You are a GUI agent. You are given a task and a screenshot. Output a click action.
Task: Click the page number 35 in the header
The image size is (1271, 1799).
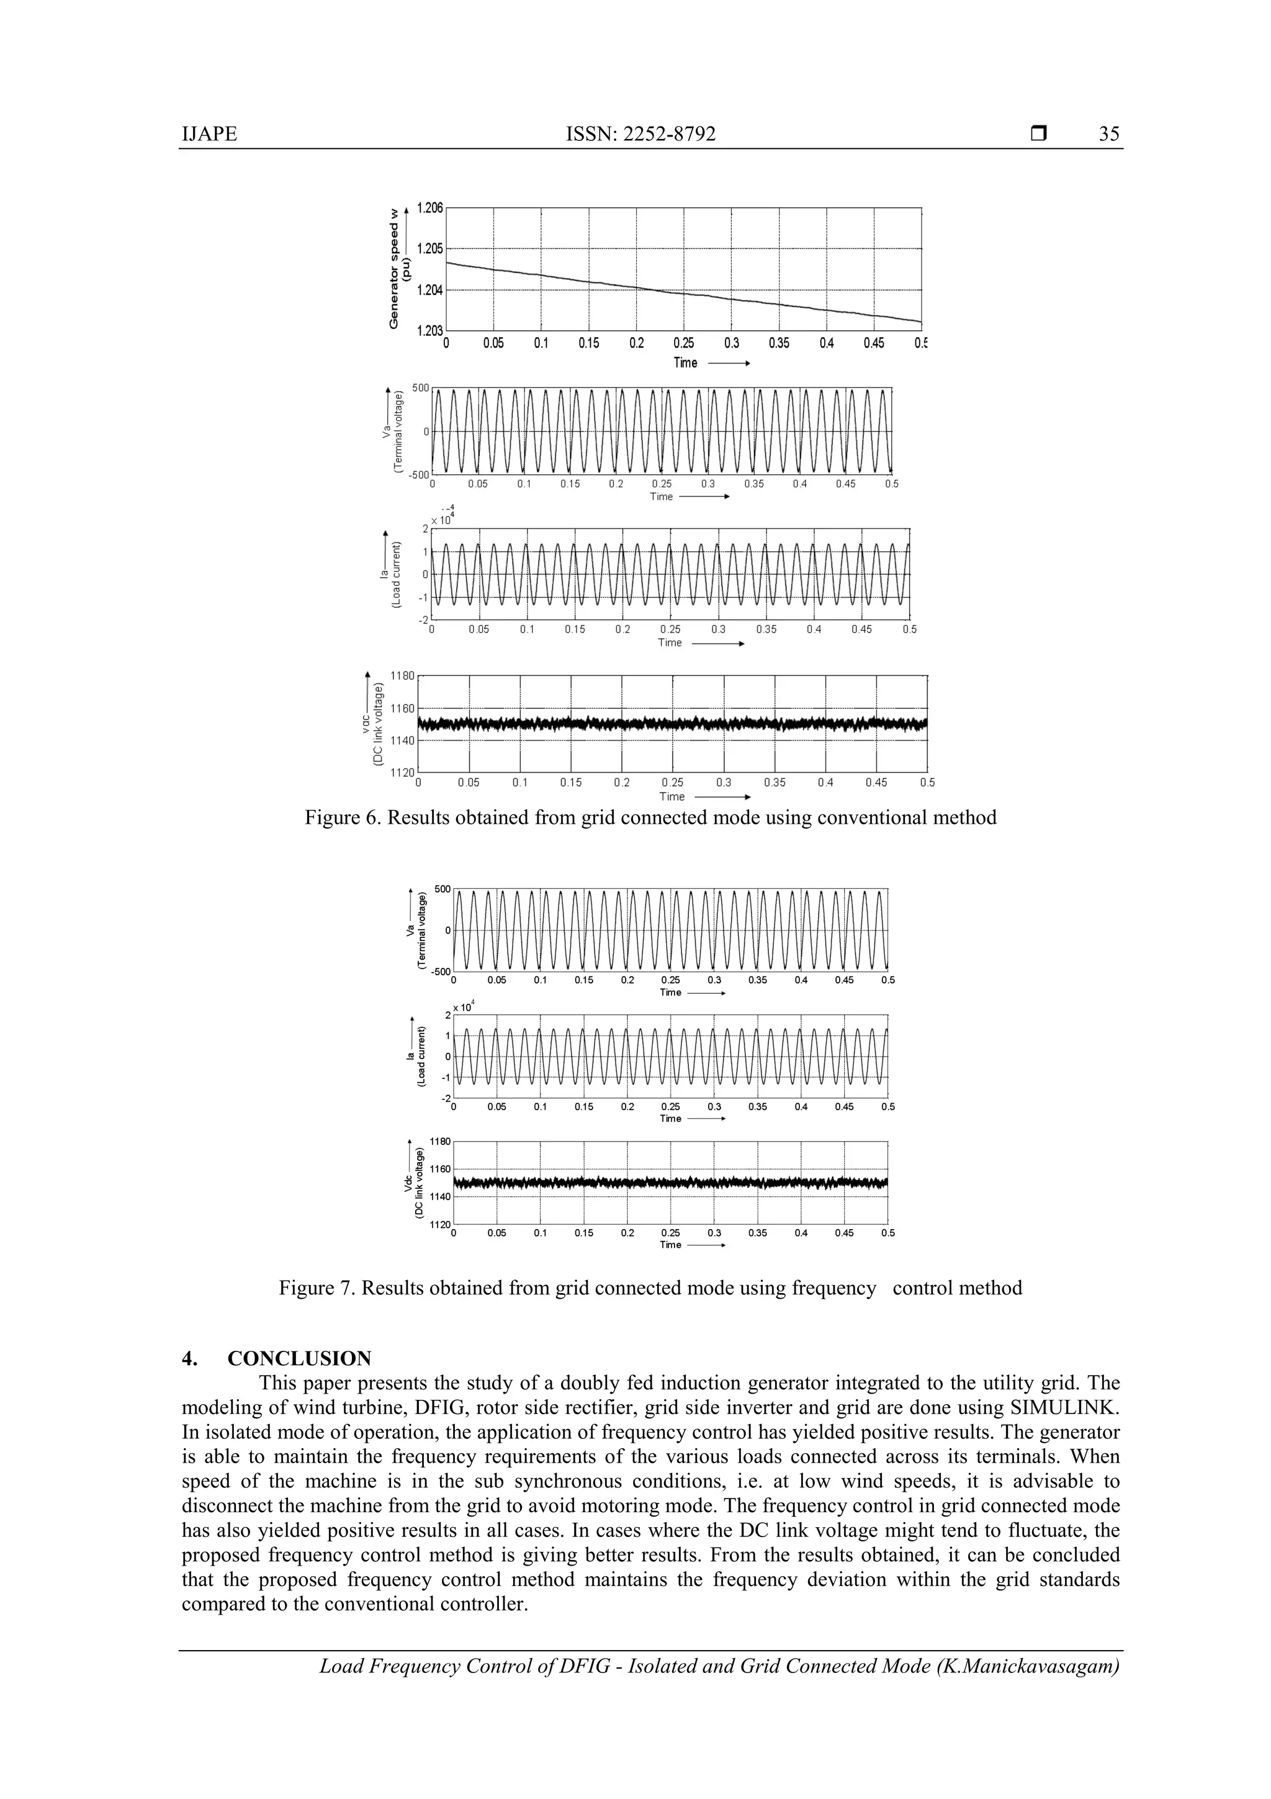pos(1109,134)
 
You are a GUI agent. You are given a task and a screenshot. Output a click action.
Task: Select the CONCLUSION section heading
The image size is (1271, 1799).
pos(299,1359)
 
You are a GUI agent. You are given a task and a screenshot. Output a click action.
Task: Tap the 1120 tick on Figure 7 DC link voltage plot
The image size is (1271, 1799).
pos(440,1225)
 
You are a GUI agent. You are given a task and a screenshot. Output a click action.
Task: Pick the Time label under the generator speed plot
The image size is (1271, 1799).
pos(685,363)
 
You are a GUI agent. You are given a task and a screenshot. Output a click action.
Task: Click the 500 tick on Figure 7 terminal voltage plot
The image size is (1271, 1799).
pos(442,890)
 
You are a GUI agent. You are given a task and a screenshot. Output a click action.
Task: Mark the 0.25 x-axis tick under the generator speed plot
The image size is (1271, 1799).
pos(684,343)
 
